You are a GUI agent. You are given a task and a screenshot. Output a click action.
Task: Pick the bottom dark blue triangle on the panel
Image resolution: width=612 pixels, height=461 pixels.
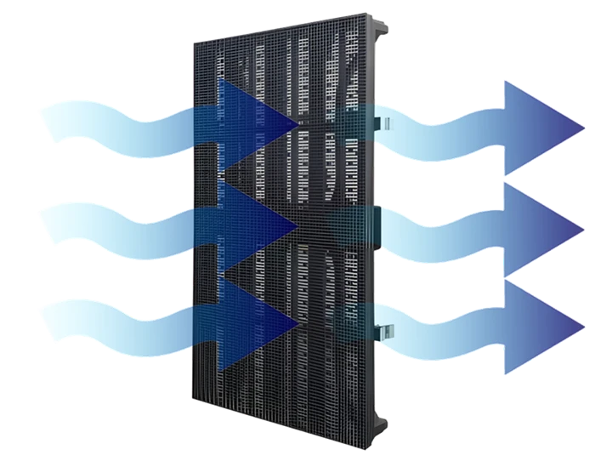click(251, 322)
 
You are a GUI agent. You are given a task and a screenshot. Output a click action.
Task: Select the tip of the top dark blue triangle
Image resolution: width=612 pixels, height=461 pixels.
click(297, 126)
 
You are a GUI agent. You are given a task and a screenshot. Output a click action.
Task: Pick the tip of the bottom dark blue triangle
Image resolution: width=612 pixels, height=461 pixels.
click(297, 323)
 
